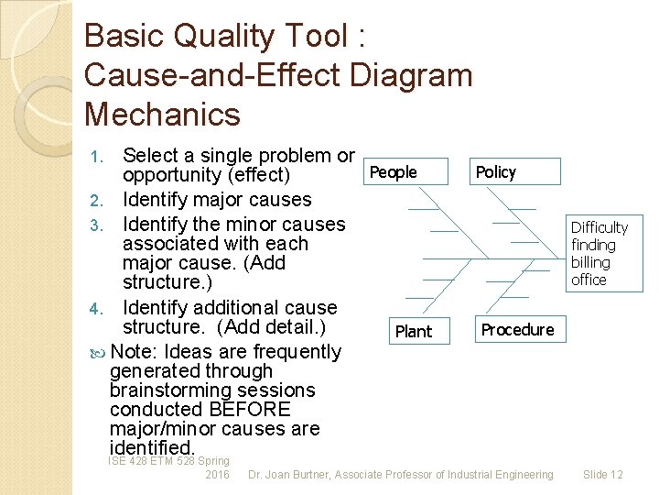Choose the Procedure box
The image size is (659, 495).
[x=518, y=330]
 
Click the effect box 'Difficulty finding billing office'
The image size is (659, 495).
[x=600, y=253]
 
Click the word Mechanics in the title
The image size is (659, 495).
[x=162, y=115]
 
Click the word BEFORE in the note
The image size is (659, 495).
[x=250, y=409]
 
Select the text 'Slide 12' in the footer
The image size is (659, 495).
[x=602, y=475]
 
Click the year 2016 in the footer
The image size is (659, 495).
[x=218, y=475]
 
